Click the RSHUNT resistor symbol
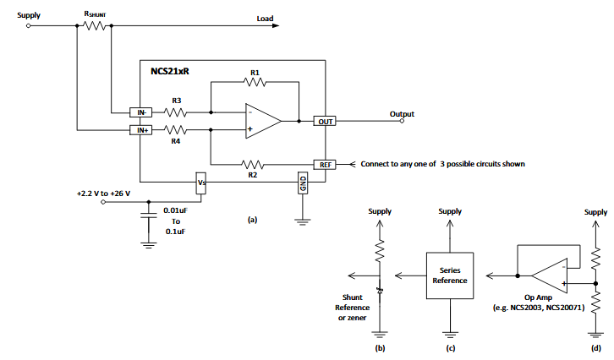[x=95, y=25]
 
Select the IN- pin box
[x=140, y=112]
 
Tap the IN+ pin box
[x=140, y=130]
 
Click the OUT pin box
[x=325, y=122]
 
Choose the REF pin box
[x=325, y=164]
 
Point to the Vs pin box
[x=201, y=183]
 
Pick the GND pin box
[x=301, y=183]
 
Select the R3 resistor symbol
[x=176, y=112]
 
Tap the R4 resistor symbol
[x=176, y=130]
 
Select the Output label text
[x=402, y=113]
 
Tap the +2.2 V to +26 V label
[x=105, y=193]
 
